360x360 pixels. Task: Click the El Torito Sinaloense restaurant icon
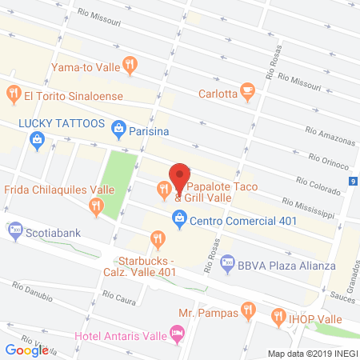point(13,95)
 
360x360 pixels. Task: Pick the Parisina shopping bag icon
point(119,126)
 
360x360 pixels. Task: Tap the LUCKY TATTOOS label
point(62,124)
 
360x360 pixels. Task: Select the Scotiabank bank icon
point(14,231)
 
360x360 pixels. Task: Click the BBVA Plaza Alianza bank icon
point(227,262)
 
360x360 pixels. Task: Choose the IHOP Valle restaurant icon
point(279,315)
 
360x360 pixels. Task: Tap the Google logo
point(26,350)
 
